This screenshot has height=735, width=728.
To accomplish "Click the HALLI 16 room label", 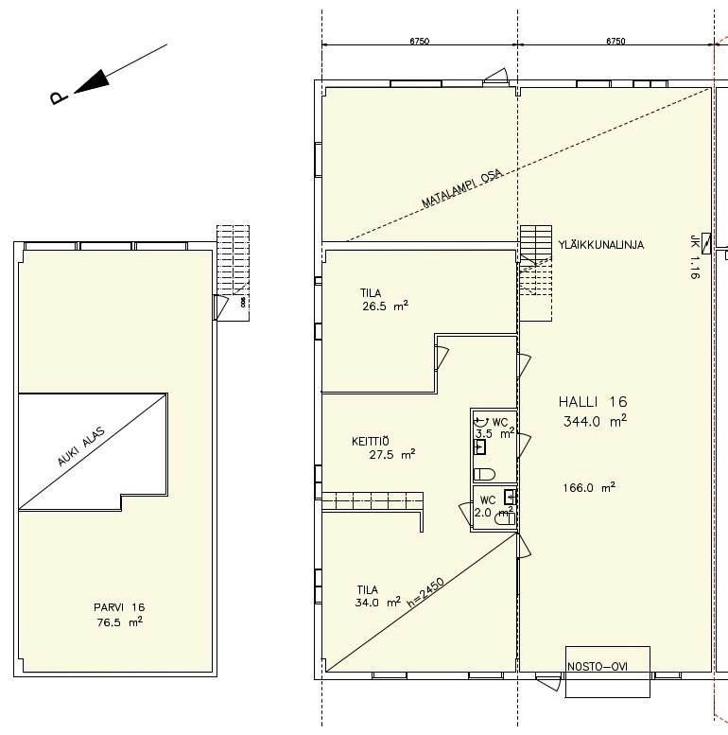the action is [593, 402].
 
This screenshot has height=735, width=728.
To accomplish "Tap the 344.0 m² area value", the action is [595, 421].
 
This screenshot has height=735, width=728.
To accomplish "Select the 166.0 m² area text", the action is [589, 487].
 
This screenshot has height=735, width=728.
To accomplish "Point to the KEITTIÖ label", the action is [370, 441].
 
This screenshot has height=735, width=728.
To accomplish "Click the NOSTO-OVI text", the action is [598, 667].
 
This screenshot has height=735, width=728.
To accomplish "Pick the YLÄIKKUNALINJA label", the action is [601, 245].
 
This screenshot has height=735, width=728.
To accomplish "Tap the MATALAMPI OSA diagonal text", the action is [462, 188].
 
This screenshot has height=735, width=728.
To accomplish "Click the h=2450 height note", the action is [425, 593].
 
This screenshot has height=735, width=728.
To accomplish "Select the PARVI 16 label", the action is [119, 607].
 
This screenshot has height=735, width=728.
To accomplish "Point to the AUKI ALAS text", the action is [81, 446].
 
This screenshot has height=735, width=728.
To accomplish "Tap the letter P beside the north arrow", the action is [59, 97].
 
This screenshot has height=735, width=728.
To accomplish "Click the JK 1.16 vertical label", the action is [694, 257].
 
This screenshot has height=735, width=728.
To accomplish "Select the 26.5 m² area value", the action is [385, 306].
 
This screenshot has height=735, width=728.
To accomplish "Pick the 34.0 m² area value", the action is [377, 602].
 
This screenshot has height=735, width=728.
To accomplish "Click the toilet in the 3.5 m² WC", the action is [484, 474].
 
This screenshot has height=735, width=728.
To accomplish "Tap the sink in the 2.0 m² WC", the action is [511, 497].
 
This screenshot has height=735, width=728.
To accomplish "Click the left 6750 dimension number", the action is [419, 41].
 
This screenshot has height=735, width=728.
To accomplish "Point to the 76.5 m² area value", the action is [119, 622].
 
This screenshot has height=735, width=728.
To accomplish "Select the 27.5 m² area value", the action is [392, 454].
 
